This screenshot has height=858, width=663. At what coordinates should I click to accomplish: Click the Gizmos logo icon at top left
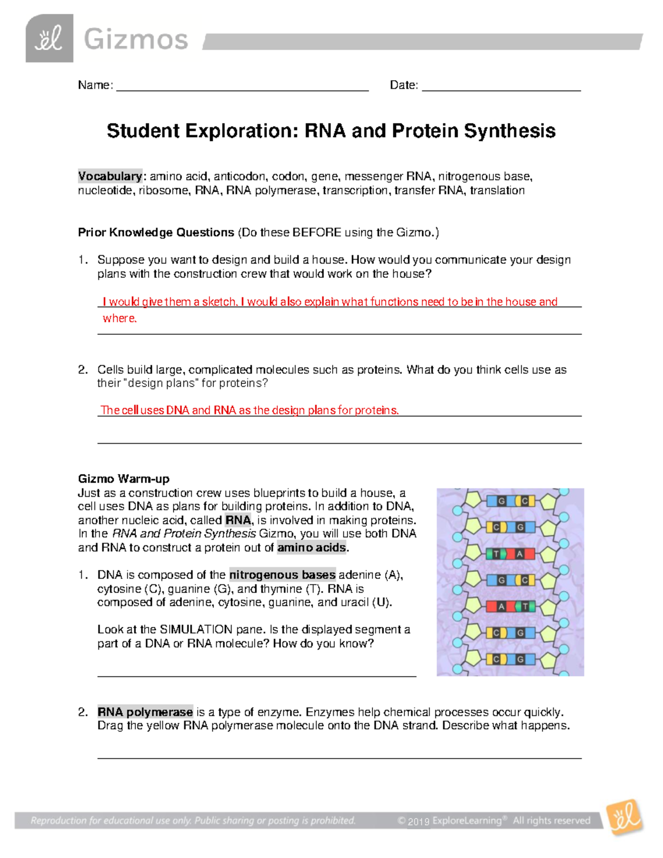click(x=49, y=38)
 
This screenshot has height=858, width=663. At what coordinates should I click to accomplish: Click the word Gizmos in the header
click(x=136, y=40)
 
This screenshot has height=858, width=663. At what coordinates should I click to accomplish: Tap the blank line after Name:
click(x=242, y=87)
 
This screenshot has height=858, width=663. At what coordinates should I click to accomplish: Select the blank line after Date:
click(x=501, y=87)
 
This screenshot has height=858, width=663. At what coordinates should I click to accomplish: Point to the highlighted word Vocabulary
click(x=110, y=176)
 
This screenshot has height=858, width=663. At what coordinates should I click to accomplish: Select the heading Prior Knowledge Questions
click(x=156, y=233)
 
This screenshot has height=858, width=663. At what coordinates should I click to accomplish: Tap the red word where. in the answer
click(x=119, y=318)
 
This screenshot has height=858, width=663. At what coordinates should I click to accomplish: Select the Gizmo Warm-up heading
click(x=123, y=479)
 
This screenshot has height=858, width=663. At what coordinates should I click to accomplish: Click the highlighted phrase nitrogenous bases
click(x=282, y=575)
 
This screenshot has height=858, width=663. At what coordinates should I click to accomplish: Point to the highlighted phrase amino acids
click(x=312, y=548)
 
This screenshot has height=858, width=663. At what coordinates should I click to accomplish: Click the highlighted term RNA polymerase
click(x=145, y=712)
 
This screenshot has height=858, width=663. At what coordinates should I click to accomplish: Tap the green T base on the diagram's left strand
click(x=496, y=554)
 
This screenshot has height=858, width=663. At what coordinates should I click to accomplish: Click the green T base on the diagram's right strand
click(x=525, y=607)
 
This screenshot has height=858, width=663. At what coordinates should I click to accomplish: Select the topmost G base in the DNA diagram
click(x=501, y=501)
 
